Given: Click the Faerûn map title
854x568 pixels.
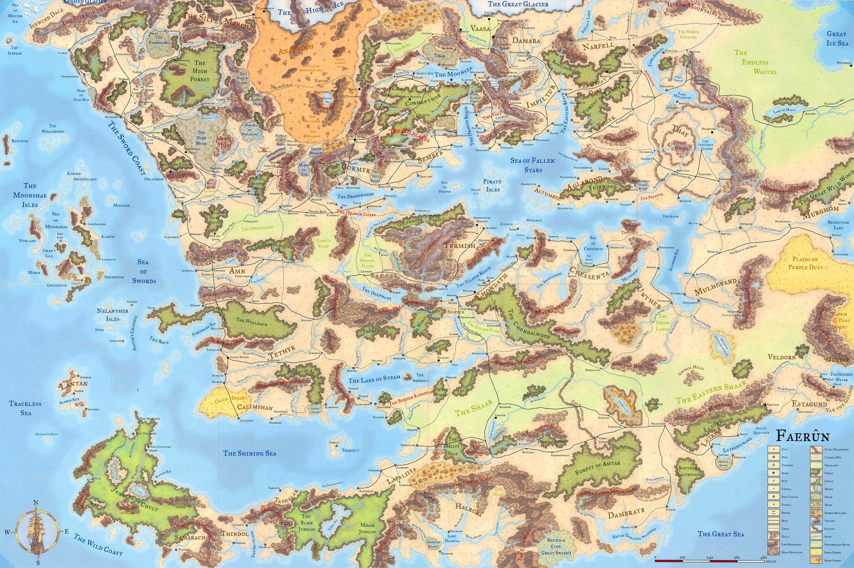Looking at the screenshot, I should [802, 436].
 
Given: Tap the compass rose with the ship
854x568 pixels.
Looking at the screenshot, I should [36, 531].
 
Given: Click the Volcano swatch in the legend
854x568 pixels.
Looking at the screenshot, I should [816, 520].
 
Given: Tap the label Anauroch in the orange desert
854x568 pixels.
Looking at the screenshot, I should [296, 49].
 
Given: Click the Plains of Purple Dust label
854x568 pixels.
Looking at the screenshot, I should [805, 263].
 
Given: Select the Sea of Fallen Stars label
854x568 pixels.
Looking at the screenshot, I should [532, 165].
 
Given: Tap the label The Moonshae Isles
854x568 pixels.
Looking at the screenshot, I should [30, 195].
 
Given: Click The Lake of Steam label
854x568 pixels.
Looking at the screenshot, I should [374, 379].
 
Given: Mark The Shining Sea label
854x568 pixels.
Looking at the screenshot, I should [250, 453].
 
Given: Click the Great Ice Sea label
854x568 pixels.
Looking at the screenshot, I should [836, 38].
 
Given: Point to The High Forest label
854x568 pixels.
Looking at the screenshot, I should [200, 71].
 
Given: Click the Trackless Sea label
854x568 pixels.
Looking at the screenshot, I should [26, 408].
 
